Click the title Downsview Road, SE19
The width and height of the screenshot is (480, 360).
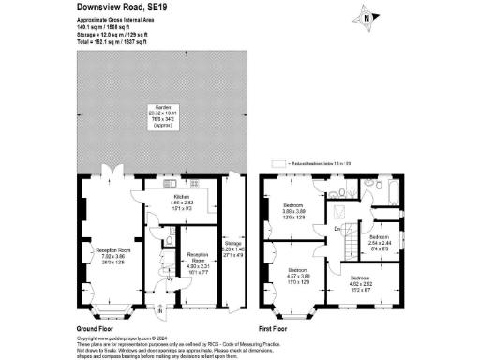[x=125, y=7]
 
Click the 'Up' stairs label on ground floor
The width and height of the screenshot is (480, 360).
[x=169, y=277]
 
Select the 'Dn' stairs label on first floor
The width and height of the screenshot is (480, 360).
[x=337, y=228]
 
